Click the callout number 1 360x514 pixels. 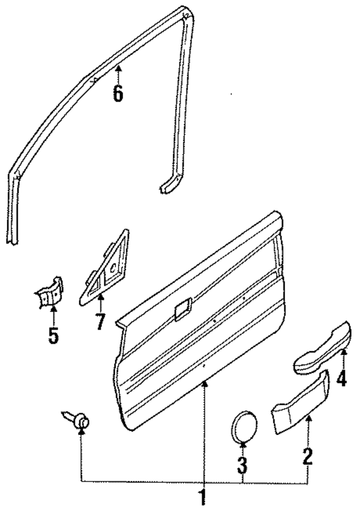click(x=204, y=497)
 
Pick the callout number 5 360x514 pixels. click(x=53, y=336)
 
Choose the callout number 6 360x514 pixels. click(x=117, y=93)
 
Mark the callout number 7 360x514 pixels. click(x=100, y=322)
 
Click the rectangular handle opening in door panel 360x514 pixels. click(x=183, y=310)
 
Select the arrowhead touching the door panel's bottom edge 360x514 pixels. click(x=205, y=383)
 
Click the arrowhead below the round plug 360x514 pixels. click(x=242, y=445)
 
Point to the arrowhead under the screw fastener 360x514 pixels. click(x=82, y=433)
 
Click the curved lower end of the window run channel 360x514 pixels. click(x=168, y=186)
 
